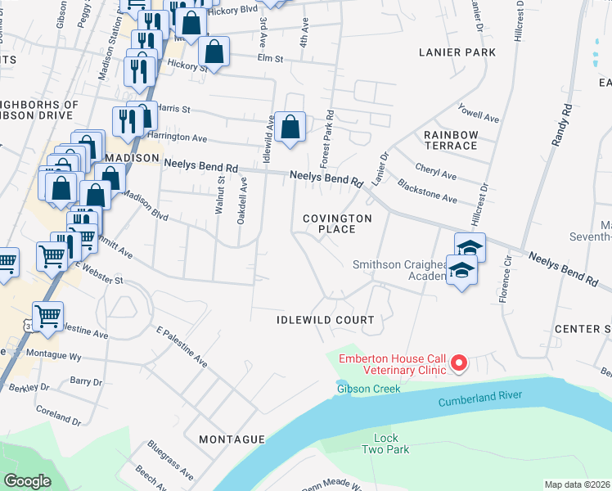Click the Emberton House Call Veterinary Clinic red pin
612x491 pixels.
(459, 362)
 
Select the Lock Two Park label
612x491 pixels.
(385, 444)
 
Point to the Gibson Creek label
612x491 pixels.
(369, 389)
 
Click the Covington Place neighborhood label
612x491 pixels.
(337, 223)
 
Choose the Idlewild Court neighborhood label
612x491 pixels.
(325, 320)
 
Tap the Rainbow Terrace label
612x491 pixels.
(451, 140)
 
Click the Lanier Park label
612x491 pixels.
(457, 52)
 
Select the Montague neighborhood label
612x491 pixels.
(232, 439)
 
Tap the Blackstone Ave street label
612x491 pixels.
(427, 192)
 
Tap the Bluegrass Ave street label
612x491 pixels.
(171, 461)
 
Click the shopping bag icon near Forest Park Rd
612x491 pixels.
(290, 127)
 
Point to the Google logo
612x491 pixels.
(27, 481)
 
